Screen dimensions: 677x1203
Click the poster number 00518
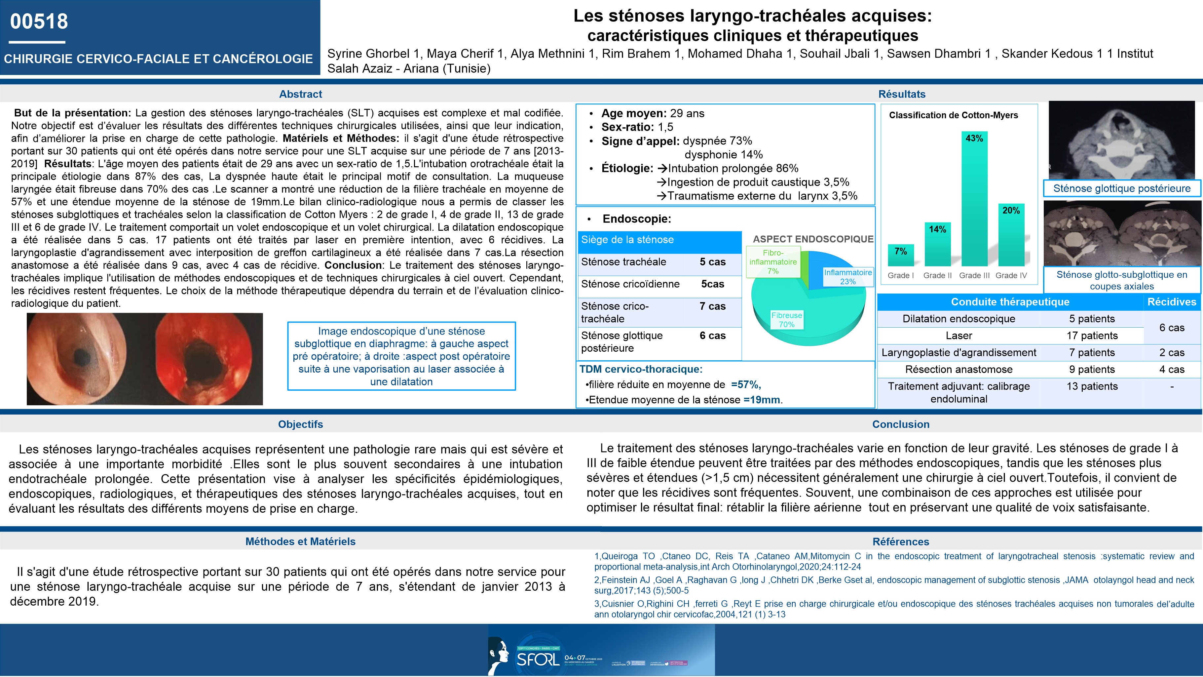coord(39,21)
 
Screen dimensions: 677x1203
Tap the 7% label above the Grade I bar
coord(900,251)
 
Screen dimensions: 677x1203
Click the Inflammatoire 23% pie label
coord(847,277)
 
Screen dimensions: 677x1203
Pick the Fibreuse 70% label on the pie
coord(786,320)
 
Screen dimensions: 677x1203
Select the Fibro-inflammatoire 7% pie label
coord(773,261)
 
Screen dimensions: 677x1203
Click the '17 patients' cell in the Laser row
coord(1092,336)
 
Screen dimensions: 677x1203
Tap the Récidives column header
coord(1172,302)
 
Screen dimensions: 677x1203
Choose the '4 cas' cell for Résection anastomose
coord(1172,369)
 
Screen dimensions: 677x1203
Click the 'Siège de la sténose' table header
coord(627,240)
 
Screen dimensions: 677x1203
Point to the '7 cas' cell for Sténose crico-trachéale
coord(712,306)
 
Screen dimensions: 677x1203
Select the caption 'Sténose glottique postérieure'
coord(1122,189)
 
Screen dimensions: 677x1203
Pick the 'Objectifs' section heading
coord(300,424)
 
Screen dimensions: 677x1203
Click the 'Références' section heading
coord(900,541)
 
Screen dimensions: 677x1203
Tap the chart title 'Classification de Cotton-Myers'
coord(953,115)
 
